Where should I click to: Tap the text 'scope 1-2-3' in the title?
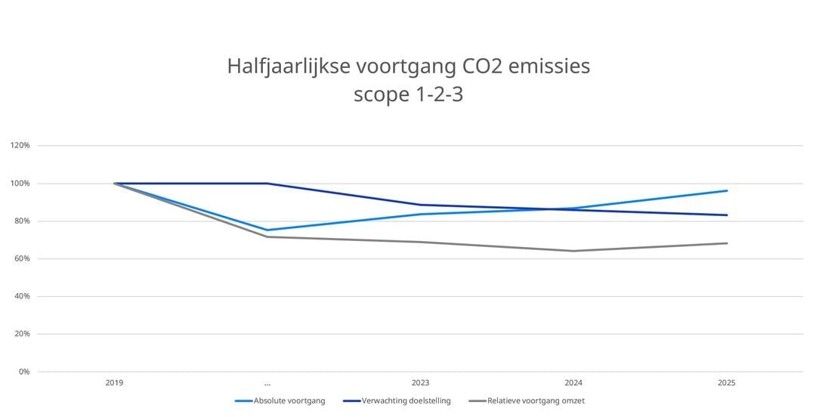pos(408,95)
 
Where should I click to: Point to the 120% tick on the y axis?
pos(20,145)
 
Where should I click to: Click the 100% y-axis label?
pos(20,184)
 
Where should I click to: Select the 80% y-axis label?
pos(21,221)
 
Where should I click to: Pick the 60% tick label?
pos(21,258)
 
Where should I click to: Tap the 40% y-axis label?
pos(21,296)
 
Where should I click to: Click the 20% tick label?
pos(21,334)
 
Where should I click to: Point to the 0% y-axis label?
pos(23,372)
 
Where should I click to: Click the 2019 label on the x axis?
pos(115,383)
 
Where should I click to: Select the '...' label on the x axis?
pos(267,383)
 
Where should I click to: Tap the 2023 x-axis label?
pos(420,383)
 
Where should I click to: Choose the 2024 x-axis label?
pos(573,383)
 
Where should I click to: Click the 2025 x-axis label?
pos(726,383)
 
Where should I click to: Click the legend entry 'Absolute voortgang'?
pos(289,401)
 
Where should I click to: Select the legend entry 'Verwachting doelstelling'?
pos(406,401)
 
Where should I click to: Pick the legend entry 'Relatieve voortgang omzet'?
pos(536,401)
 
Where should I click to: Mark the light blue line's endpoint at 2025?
pos(726,190)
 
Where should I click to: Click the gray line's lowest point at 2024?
pos(573,251)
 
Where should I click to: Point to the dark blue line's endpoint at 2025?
pos(726,215)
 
